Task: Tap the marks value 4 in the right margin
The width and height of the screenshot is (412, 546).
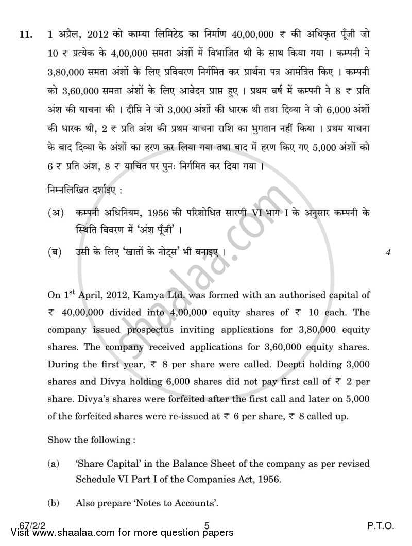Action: pyautogui.click(x=387, y=252)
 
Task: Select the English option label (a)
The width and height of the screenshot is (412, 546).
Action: pyautogui.click(x=53, y=464)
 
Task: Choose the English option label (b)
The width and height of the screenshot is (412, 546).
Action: pyautogui.click(x=53, y=502)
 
